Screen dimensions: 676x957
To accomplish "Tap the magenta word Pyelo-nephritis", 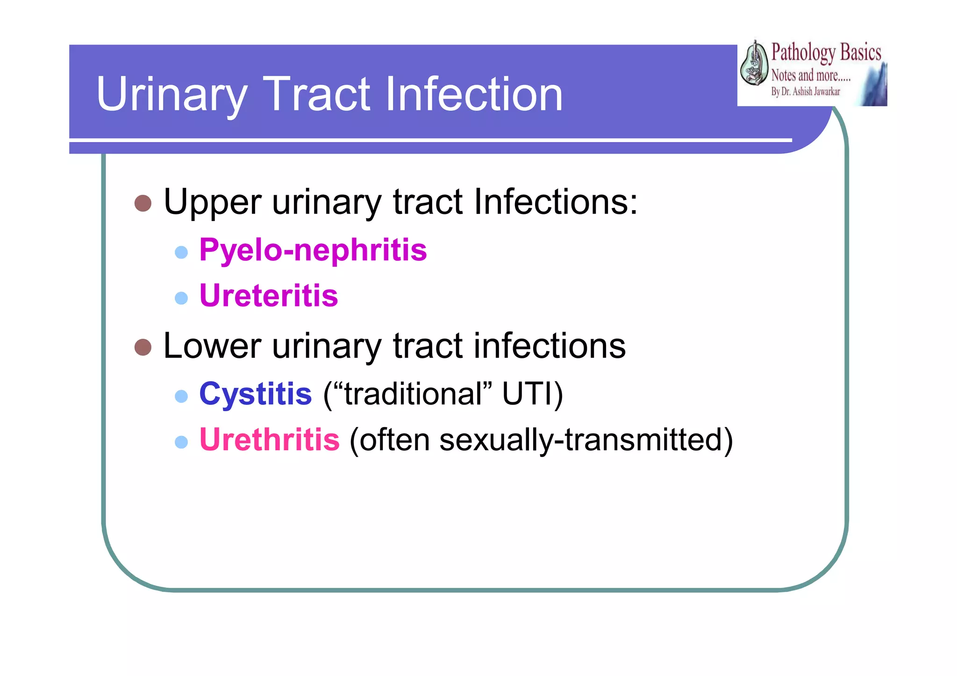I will (313, 250).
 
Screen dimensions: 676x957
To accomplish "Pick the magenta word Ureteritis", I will (268, 296).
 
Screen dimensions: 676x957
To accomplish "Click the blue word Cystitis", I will (255, 394).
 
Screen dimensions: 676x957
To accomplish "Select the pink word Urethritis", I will (269, 440).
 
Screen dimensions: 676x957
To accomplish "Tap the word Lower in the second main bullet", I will (212, 346).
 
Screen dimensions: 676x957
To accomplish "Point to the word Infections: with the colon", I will (555, 202).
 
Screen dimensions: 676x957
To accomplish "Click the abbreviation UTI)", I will (532, 394).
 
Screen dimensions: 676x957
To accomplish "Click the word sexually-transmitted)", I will (586, 441).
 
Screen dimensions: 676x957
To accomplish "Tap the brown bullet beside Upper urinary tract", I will (143, 203).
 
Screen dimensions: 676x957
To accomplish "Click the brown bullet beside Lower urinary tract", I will (143, 347).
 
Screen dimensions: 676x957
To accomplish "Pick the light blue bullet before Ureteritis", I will (181, 298).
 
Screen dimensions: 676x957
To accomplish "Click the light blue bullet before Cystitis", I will (181, 396).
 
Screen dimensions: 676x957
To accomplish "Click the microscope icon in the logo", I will (754, 64).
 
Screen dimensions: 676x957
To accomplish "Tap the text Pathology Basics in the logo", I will (826, 52).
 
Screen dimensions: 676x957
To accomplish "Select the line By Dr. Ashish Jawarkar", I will (805, 92).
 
